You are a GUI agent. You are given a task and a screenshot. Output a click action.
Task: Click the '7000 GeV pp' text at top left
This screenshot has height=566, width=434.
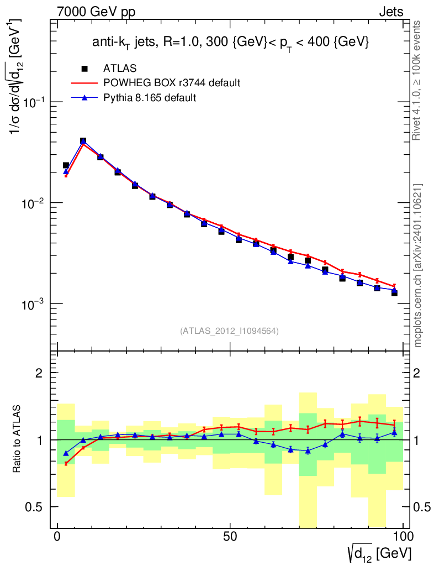click(96, 12)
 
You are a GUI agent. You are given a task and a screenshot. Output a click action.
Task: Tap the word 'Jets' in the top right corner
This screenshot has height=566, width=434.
click(391, 12)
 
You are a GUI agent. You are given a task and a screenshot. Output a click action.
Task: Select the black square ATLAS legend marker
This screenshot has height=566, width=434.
click(84, 69)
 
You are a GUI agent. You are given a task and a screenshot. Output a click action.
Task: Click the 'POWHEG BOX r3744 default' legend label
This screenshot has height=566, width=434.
click(172, 83)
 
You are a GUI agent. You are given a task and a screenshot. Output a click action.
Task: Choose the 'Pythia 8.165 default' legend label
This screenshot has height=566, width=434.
click(150, 98)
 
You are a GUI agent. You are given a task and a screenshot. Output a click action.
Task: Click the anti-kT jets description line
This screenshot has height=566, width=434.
click(230, 42)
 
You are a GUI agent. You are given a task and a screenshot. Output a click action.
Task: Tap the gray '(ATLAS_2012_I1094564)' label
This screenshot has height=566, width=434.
click(229, 331)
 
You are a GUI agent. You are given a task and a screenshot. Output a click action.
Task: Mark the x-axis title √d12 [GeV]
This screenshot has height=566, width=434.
click(379, 552)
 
